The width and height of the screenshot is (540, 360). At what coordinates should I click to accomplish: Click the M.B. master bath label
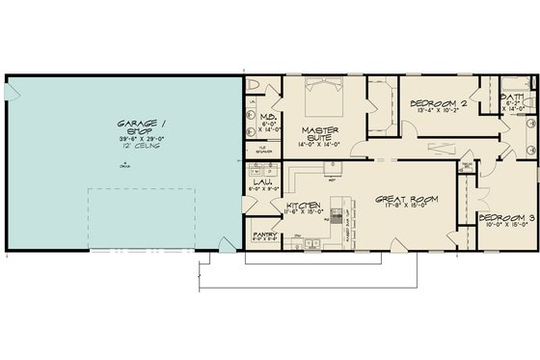click(x=269, y=116)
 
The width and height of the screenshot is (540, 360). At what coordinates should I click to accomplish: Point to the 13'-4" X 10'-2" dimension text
click(x=435, y=109)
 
